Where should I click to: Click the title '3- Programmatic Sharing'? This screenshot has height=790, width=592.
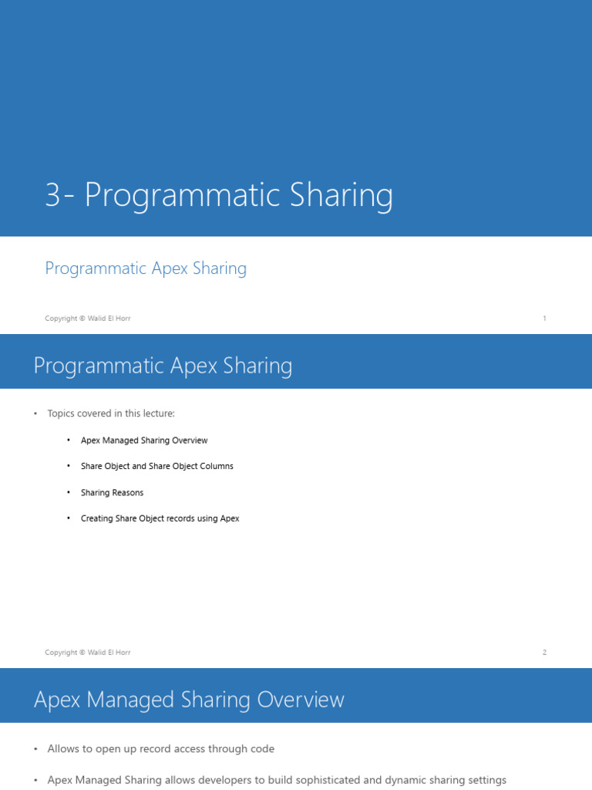219,195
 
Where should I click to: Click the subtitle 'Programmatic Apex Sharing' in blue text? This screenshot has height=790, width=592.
146,268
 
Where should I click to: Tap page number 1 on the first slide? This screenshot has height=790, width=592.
544,319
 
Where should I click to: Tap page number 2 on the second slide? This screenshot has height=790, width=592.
544,653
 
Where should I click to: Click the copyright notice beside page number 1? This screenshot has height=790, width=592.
88,319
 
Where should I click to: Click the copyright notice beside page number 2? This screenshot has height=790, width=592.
88,653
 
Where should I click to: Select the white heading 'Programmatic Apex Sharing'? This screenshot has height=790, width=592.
163,366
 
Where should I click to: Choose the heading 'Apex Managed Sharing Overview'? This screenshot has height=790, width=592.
189,700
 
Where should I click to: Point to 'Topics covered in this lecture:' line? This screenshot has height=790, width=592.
111,414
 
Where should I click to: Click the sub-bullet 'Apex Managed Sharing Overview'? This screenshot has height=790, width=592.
144,441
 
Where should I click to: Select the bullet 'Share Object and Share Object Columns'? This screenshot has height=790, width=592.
157,467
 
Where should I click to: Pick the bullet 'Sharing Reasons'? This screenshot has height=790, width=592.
113,493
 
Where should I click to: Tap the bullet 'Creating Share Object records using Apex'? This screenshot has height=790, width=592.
160,518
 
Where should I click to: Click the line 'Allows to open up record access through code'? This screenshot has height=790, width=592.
160,749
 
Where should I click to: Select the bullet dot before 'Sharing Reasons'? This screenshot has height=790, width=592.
69,493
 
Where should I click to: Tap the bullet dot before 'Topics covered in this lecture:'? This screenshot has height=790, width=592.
35,414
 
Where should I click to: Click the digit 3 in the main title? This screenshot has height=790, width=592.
52,196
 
